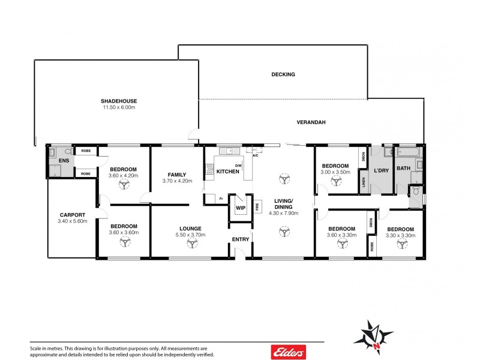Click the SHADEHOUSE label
click(x=118, y=101)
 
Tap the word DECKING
click(x=283, y=74)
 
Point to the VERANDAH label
click(x=311, y=122)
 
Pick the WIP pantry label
click(x=241, y=208)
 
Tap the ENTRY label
click(x=241, y=239)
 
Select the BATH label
click(x=403, y=168)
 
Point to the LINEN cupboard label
click(x=363, y=181)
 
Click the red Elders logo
click(x=289, y=352)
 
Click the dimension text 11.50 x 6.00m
click(x=118, y=107)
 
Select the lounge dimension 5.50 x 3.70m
click(x=190, y=235)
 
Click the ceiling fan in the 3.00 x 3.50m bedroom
click(x=334, y=179)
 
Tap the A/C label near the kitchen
click(x=255, y=155)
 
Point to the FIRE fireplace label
click(x=257, y=208)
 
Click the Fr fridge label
click(x=221, y=198)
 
